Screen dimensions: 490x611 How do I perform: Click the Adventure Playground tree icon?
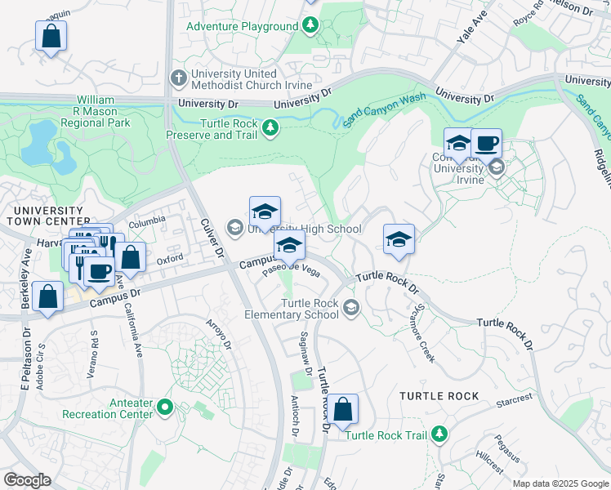click(310, 26)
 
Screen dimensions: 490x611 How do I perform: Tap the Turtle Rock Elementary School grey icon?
click(351, 308)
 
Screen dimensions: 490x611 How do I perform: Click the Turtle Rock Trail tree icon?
click(440, 434)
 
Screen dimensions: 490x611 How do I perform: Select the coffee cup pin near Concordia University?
click(487, 144)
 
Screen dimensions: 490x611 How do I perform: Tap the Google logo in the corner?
click(28, 480)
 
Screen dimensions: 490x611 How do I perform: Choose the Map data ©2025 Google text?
click(560, 483)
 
